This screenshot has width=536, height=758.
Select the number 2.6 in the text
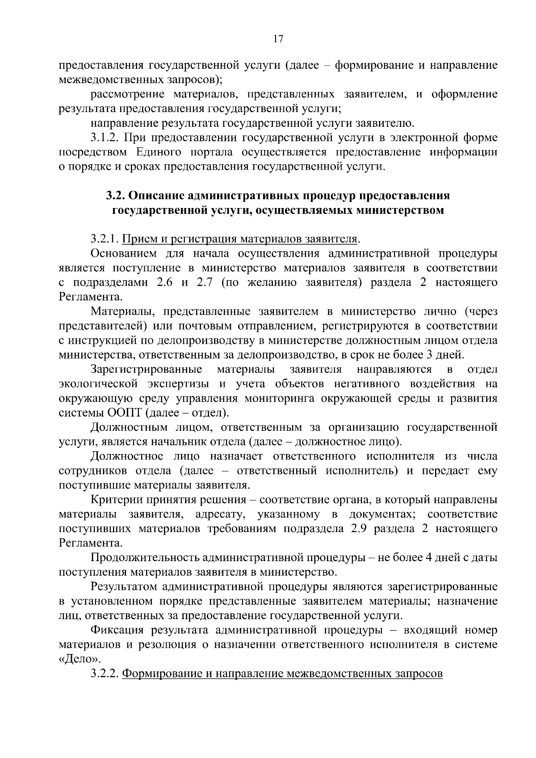point(167,283)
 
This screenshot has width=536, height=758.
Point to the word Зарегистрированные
point(147,369)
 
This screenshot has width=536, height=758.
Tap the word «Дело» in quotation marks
point(80,659)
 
